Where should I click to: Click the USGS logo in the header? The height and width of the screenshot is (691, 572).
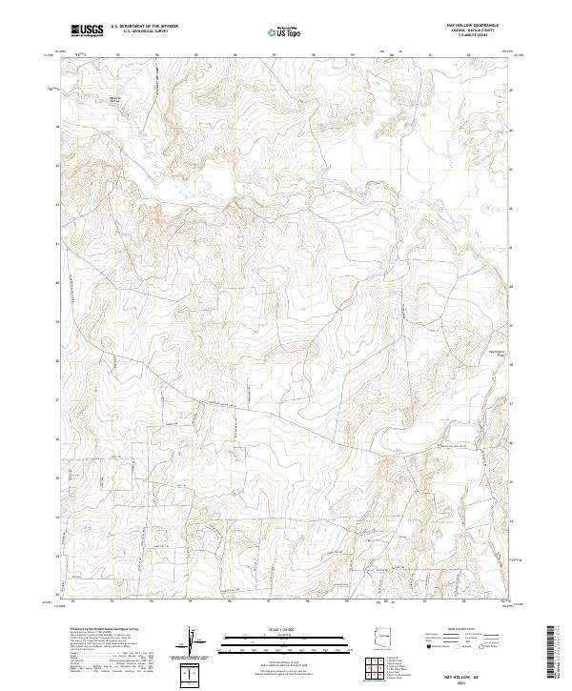pyautogui.click(x=87, y=31)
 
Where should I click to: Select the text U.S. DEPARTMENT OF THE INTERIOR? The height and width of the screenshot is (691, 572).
pyautogui.click(x=144, y=27)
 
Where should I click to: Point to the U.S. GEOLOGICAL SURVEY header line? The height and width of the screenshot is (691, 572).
pyautogui.click(x=139, y=31)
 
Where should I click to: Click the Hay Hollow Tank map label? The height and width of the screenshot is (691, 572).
pyautogui.click(x=497, y=352)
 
